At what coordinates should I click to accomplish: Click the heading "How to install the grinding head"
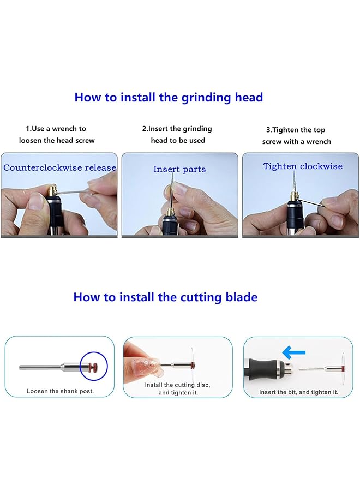pos(169,98)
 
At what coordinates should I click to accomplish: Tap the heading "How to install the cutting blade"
pos(165,297)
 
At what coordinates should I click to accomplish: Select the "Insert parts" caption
pos(179,170)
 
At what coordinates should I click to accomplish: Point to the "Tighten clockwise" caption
pos(303,166)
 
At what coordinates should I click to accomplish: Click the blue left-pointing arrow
pos(293,352)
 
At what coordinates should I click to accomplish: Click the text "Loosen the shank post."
pos(60,391)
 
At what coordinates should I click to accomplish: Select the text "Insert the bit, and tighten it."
pos(299,392)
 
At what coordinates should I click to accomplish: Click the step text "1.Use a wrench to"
pos(56,129)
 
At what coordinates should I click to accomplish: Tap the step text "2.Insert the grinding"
pos(177,129)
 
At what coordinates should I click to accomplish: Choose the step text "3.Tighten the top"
pos(296,130)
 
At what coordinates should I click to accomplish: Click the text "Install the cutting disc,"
pos(177,385)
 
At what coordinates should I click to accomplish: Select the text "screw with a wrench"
pos(296,142)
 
